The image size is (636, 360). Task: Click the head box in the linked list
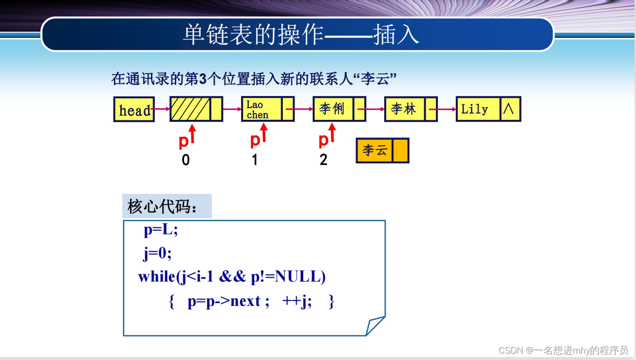(134, 110)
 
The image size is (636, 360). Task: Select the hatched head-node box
(190, 109)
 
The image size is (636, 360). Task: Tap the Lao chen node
(262, 109)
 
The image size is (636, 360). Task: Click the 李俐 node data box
(333, 109)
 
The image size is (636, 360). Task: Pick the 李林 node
(405, 109)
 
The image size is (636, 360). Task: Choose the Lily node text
(475, 109)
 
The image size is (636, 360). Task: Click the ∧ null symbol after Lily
(509, 109)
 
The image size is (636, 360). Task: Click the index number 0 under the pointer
(186, 160)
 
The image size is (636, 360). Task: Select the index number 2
(323, 160)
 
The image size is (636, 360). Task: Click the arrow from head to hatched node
(161, 109)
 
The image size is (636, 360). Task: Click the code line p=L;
(161, 230)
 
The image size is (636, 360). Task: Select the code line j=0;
(157, 253)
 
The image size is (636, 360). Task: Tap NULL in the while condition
(298, 277)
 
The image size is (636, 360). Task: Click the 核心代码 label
(163, 206)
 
